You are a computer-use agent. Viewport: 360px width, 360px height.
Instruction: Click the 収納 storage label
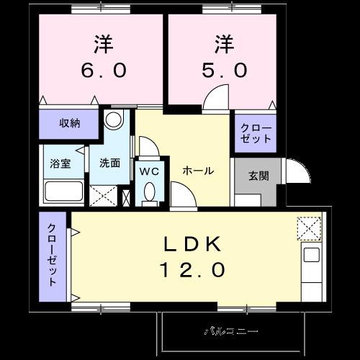click(x=70, y=123)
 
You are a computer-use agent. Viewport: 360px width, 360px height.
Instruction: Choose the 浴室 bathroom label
click(x=60, y=163)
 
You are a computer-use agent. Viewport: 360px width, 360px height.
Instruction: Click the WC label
click(x=149, y=171)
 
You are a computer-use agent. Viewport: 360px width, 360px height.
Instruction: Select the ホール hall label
click(x=197, y=171)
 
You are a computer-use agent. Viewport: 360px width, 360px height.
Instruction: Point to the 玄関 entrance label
click(x=259, y=175)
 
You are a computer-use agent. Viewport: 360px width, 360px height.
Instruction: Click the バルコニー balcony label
click(x=230, y=332)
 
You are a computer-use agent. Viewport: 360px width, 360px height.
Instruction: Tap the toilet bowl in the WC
click(x=149, y=194)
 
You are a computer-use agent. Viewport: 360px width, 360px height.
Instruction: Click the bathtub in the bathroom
click(x=63, y=192)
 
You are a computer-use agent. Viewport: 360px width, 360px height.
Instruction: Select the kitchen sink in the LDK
click(x=311, y=255)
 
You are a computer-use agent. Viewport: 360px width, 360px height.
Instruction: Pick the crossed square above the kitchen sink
click(x=310, y=228)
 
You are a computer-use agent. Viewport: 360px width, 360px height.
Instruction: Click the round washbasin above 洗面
click(x=113, y=120)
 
